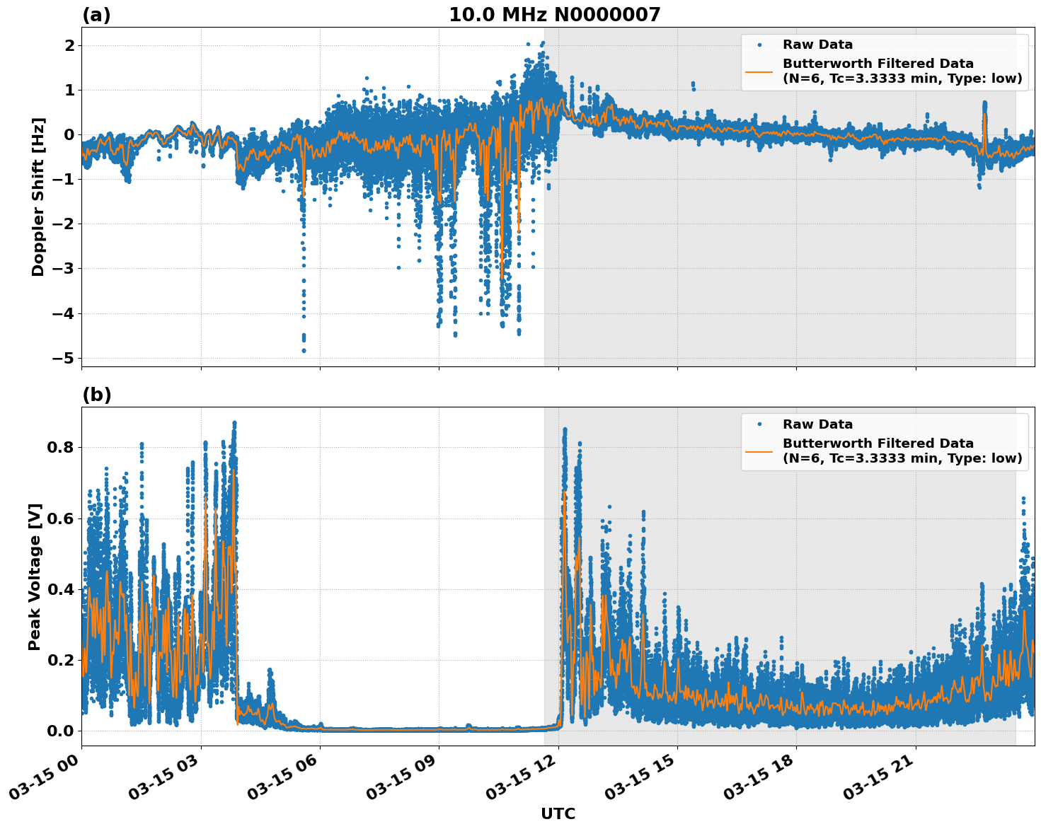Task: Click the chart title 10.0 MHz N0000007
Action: pyautogui.click(x=554, y=15)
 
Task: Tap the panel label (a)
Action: pyautogui.click(x=96, y=15)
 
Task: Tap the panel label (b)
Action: pyautogui.click(x=96, y=395)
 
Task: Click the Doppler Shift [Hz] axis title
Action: pyautogui.click(x=38, y=197)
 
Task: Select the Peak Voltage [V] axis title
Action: pyautogui.click(x=35, y=576)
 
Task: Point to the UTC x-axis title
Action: pyautogui.click(x=558, y=813)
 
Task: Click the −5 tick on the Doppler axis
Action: pyautogui.click(x=62, y=358)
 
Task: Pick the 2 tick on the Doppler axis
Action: pyautogui.click(x=69, y=45)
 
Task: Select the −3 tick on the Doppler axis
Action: pyautogui.click(x=62, y=269)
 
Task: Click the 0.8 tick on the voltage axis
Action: pyautogui.click(x=61, y=448)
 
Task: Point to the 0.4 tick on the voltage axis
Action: pyautogui.click(x=61, y=589)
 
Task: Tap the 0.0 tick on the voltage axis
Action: pyautogui.click(x=61, y=731)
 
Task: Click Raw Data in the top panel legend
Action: pyautogui.click(x=817, y=45)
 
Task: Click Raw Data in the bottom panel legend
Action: pyautogui.click(x=817, y=424)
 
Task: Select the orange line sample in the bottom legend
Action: pyautogui.click(x=759, y=451)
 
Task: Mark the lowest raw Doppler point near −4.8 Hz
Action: pyautogui.click(x=304, y=350)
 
